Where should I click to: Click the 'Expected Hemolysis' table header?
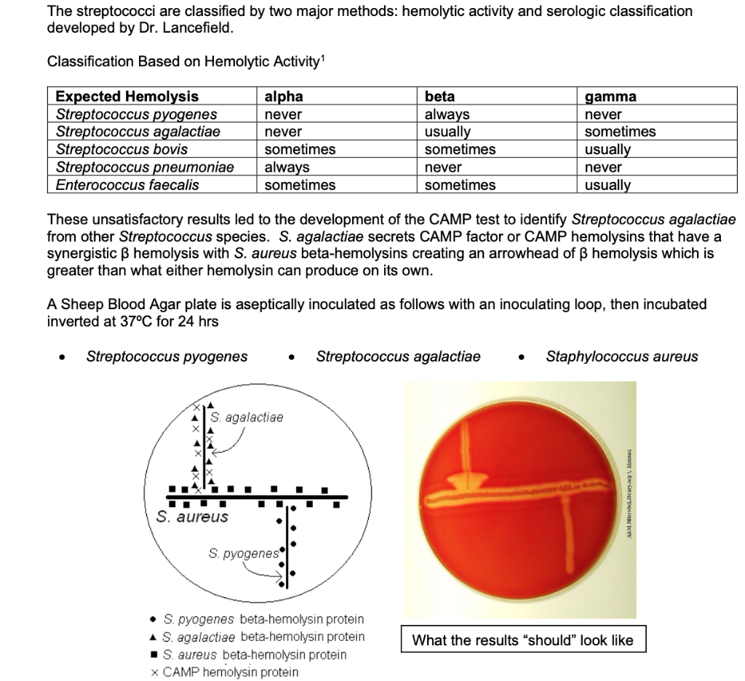[x=127, y=97]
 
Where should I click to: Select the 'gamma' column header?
[x=610, y=97]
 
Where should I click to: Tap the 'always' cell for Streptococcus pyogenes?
[x=447, y=114]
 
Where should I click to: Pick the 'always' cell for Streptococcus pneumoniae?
[x=287, y=167]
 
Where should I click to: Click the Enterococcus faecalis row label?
[x=127, y=185]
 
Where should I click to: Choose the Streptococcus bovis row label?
[x=121, y=149]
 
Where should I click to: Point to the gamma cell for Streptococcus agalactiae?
[x=620, y=132]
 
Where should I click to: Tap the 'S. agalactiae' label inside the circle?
[x=247, y=418]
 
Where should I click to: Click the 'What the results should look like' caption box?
[x=522, y=640]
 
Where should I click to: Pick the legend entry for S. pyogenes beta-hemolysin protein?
[x=256, y=619]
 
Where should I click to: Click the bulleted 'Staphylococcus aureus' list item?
[x=621, y=357]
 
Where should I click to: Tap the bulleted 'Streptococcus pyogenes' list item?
[x=167, y=357]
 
